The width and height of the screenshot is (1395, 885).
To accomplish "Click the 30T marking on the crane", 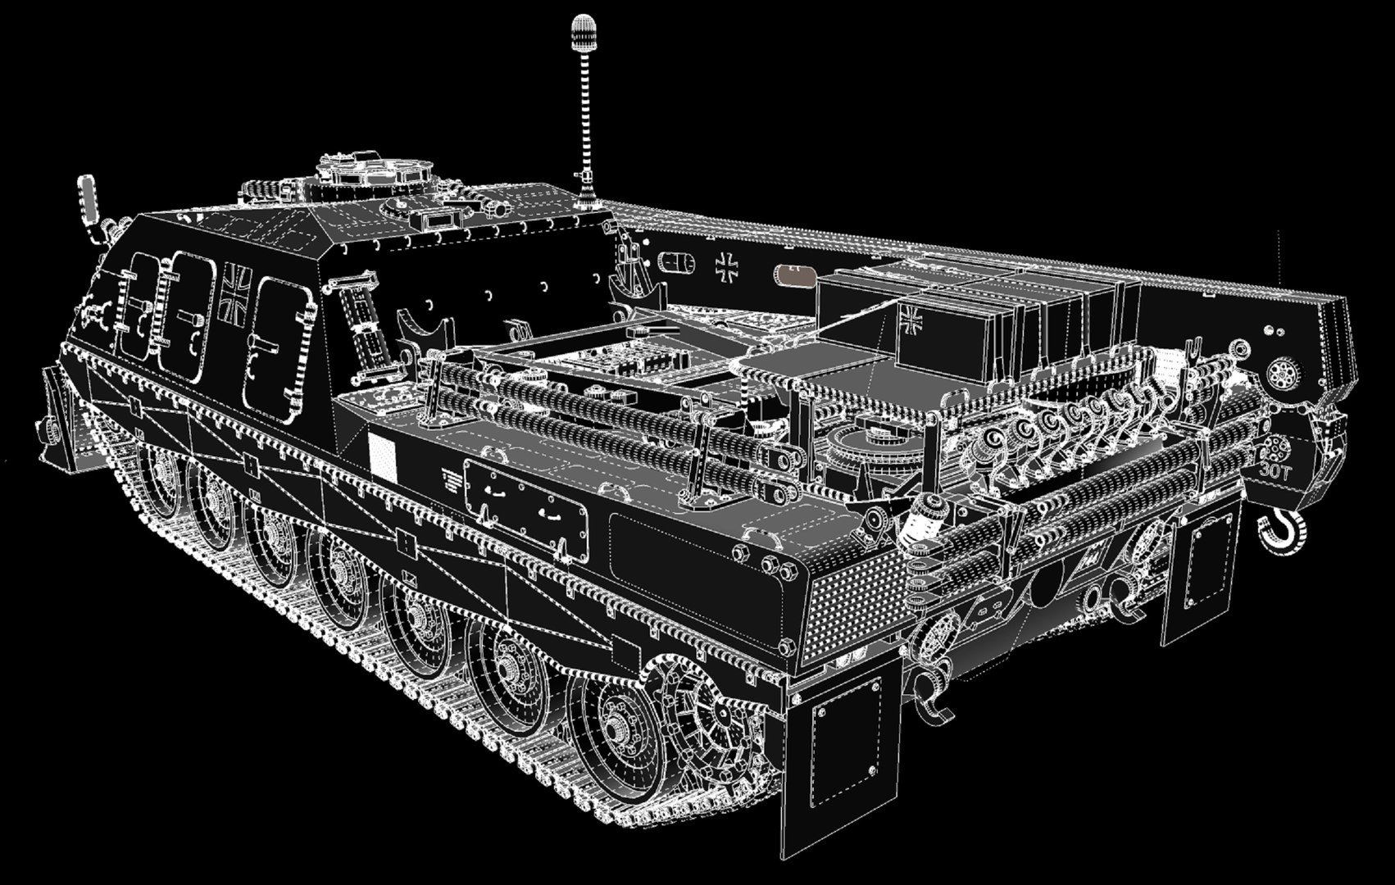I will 1274,470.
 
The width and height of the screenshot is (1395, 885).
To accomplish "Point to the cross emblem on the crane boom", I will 726,266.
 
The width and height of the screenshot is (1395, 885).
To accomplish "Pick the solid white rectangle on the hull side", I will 381,456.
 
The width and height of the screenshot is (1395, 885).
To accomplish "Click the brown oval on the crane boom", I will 795,275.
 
